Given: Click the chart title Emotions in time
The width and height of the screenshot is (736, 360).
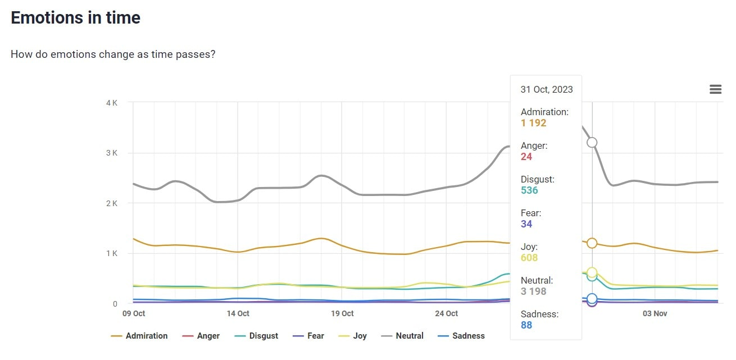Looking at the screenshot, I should tap(75, 18).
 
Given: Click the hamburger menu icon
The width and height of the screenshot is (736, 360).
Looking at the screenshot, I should tap(715, 89).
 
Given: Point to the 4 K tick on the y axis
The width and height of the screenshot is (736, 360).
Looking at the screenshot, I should tap(111, 103).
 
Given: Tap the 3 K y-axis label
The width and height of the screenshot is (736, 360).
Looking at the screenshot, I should tap(111, 153).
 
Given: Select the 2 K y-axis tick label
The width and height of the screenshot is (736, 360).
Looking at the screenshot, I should tap(111, 203).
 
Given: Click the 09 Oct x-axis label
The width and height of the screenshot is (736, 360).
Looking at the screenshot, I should tap(134, 313).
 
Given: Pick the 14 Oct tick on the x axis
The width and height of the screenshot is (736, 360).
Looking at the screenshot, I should tap(238, 313).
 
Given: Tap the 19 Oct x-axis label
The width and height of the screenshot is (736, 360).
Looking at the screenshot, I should tap(342, 313).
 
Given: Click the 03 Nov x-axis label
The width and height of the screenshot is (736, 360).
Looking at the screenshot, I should tap(655, 313).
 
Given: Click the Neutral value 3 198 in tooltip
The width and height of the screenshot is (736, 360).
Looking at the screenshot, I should tap(533, 291).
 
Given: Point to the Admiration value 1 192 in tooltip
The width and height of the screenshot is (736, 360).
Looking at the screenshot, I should tap(533, 123).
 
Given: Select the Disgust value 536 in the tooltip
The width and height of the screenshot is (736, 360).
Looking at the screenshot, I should tap(529, 190).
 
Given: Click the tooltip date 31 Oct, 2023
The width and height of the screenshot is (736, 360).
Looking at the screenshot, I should tap(547, 89).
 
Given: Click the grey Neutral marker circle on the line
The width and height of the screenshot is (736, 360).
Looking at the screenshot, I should tap(592, 143).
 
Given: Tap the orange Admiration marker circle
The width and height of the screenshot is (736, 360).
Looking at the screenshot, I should tap(592, 243).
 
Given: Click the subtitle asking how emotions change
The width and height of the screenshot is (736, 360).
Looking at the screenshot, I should tap(113, 54).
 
